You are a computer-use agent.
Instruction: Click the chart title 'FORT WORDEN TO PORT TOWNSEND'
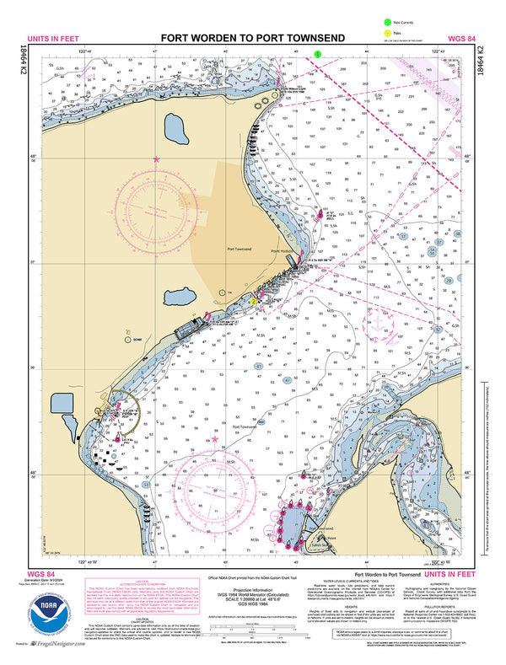point(252,39)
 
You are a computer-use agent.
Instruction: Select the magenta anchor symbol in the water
point(379,320)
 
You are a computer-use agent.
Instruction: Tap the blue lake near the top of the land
point(178,131)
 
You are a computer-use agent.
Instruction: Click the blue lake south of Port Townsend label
point(181,298)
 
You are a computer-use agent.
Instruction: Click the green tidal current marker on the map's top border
point(317,53)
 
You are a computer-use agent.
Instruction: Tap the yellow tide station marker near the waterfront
point(252,300)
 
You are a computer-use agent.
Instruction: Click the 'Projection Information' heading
point(252,590)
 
